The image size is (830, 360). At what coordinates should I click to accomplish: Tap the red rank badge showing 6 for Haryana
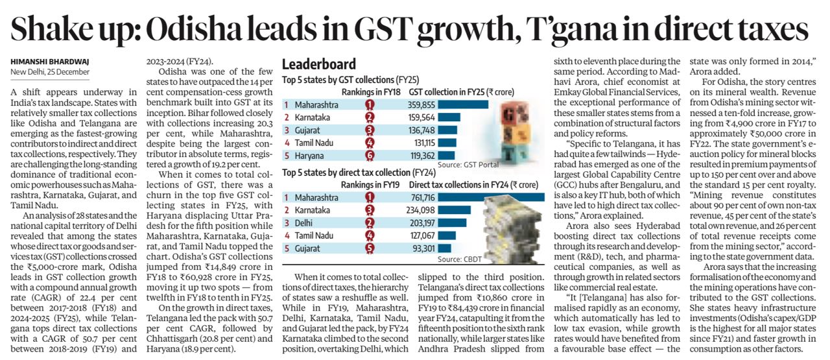tap(370, 156)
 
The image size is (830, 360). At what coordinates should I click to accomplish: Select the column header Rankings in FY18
tap(370, 91)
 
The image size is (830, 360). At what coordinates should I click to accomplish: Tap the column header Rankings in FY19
tap(370, 184)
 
